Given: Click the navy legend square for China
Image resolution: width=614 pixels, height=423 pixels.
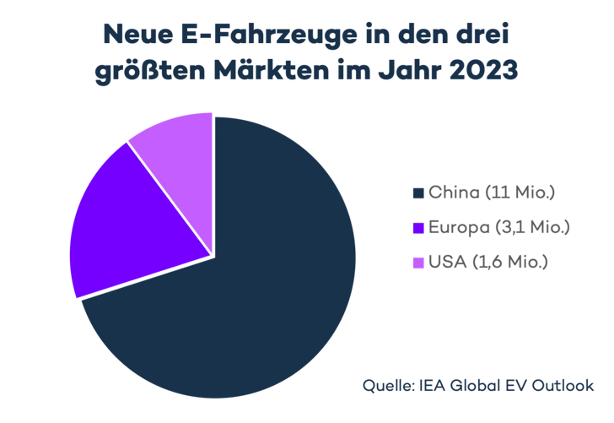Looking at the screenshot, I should click(417, 193).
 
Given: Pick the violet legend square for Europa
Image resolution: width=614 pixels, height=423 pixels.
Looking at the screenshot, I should click(417, 228).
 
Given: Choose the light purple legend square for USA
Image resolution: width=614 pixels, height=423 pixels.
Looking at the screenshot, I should click(417, 263).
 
